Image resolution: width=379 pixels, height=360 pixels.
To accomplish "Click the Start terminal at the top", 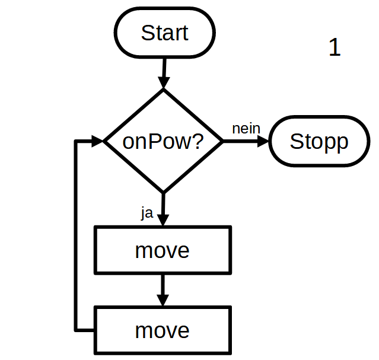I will [x=164, y=33].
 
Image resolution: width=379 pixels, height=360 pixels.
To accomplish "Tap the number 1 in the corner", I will [x=335, y=48].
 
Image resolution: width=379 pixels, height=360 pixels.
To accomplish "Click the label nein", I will [x=246, y=129].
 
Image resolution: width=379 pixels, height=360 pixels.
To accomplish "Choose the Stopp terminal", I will [x=319, y=141].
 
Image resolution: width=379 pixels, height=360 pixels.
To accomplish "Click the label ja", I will [x=146, y=213].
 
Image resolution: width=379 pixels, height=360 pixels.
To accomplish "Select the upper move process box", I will [x=163, y=250].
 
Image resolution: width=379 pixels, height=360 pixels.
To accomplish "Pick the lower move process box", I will [x=163, y=330].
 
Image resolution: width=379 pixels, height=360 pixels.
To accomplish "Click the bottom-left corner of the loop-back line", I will [x=75, y=329].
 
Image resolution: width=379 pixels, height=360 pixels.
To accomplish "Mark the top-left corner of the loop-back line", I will [x=75, y=141].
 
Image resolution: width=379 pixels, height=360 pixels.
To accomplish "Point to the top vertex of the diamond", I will [x=163, y=90].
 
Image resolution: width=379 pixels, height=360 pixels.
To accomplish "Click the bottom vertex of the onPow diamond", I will [x=163, y=193].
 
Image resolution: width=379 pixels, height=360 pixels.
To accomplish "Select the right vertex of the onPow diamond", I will [x=222, y=141].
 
